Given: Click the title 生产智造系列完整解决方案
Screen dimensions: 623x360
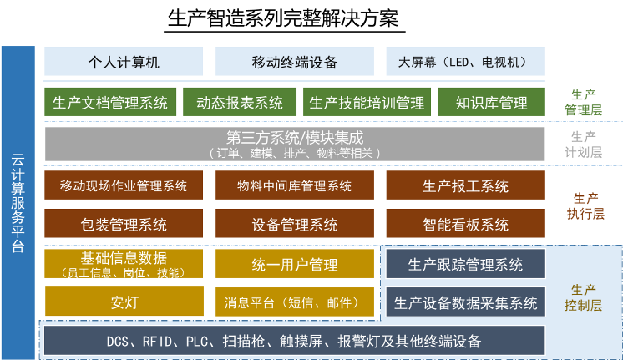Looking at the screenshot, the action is (283, 18).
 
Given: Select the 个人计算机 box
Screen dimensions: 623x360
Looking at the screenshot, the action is (124, 61).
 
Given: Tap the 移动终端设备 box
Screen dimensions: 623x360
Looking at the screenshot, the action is (295, 61).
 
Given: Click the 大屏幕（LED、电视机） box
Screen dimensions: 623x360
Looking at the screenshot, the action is (465, 61).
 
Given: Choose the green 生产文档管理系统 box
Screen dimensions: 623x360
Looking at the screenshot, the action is (110, 102).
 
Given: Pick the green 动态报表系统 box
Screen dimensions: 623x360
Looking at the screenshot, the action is (240, 102).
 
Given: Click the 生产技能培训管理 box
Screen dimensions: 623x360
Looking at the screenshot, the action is (367, 102).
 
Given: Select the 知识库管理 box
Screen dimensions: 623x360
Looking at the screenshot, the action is (492, 102).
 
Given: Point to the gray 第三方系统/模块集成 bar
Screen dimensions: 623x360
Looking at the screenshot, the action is (295, 144).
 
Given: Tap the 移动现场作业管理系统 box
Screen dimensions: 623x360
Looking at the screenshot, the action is (124, 185).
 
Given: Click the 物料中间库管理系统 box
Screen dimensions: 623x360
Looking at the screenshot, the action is (295, 185).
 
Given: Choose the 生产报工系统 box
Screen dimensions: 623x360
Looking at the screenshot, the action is (465, 185).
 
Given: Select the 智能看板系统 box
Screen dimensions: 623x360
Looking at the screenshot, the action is (465, 223).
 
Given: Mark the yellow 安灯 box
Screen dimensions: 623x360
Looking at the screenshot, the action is (124, 302).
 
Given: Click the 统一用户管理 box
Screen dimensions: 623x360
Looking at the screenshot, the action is (295, 263).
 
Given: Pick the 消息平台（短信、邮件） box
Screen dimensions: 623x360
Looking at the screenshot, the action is (295, 302).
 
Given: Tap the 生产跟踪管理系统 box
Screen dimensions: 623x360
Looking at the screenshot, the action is (466, 264).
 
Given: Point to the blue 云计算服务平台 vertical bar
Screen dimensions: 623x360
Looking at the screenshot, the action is (18, 203).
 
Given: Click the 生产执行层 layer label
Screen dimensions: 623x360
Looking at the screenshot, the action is (585, 205).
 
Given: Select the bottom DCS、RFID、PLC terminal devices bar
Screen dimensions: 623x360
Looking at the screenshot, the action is (295, 340).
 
